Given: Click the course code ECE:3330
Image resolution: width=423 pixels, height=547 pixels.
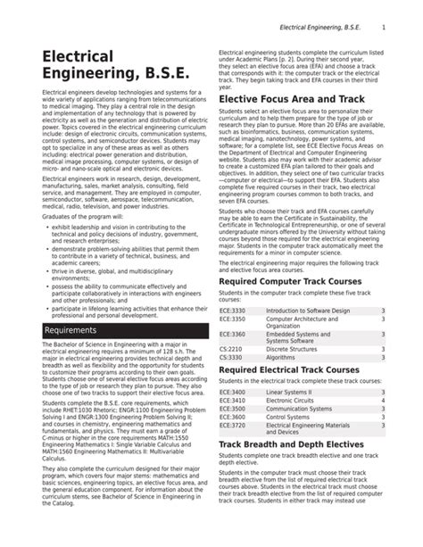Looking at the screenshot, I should point(233,310).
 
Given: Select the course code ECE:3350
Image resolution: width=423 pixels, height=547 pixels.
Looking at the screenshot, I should point(233,319).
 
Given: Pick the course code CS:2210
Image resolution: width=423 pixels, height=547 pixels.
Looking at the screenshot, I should point(231,348).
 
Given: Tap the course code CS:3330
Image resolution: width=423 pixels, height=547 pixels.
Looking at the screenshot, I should point(231,357).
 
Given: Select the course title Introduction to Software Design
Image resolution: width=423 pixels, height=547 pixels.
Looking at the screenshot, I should point(308,310).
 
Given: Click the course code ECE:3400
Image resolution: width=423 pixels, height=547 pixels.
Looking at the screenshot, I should point(233,392).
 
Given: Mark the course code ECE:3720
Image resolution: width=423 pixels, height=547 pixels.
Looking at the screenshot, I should point(233,426).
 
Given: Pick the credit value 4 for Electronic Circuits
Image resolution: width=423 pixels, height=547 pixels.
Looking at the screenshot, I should point(383,401).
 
